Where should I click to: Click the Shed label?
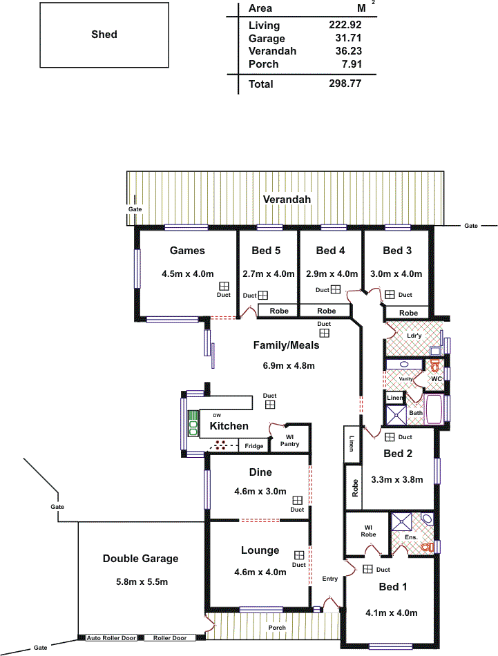coord(104,35)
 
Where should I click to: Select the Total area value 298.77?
coord(345,84)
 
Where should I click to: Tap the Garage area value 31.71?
coord(348,38)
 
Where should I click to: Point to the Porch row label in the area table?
coord(263,64)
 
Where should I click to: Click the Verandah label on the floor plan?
coord(287,199)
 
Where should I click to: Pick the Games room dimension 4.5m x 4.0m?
coord(187,274)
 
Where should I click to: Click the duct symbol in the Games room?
coord(224,286)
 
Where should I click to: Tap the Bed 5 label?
coord(266,251)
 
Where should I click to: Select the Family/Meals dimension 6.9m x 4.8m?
coord(289,366)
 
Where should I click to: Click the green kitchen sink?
coord(193,424)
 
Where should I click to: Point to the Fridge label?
coord(254,446)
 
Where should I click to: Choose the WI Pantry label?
coord(289,441)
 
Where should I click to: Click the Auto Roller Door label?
coord(111,638)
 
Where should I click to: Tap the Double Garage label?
coord(141,559)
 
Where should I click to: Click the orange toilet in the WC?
coord(435,365)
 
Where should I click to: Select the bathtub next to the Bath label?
coord(432,409)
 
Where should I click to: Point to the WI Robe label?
coord(368,531)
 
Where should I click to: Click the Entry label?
coord(329,579)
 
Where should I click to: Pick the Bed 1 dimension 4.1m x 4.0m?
coord(391,613)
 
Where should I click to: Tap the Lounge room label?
coord(260,550)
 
